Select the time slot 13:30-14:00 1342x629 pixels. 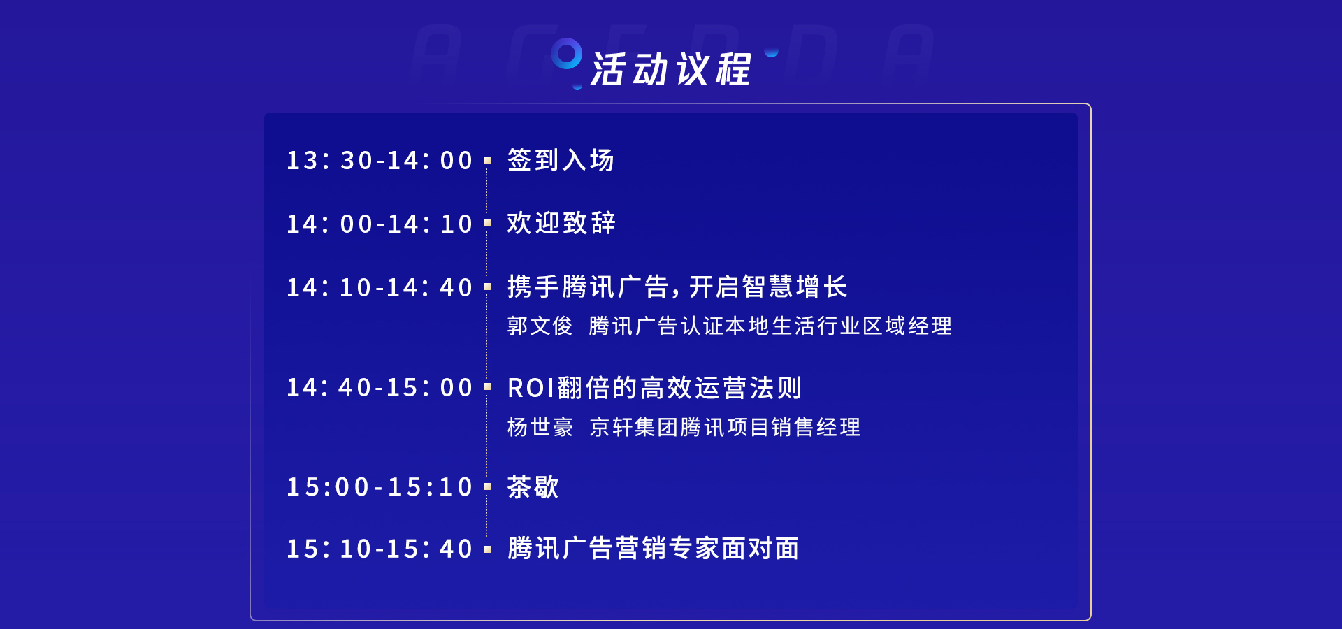tap(380, 160)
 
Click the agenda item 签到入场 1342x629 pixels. tap(561, 160)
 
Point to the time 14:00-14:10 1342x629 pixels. tap(380, 224)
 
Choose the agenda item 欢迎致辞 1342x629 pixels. tap(561, 224)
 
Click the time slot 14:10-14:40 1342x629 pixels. tap(380, 287)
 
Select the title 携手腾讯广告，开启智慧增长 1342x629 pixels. tap(677, 287)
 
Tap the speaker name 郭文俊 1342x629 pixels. tap(540, 326)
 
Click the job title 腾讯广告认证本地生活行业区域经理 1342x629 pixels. tap(770, 326)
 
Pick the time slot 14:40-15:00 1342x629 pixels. tap(380, 387)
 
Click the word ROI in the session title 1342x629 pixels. tap(531, 388)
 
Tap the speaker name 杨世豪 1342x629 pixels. tap(540, 427)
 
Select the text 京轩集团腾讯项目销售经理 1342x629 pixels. tap(725, 427)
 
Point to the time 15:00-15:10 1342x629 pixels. tap(380, 487)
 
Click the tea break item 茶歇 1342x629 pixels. tap(533, 487)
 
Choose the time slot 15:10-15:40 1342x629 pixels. tap(380, 549)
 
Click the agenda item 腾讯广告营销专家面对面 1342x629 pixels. tap(654, 549)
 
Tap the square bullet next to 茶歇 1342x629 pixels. tap(487, 486)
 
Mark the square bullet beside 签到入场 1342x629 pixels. tap(487, 160)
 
